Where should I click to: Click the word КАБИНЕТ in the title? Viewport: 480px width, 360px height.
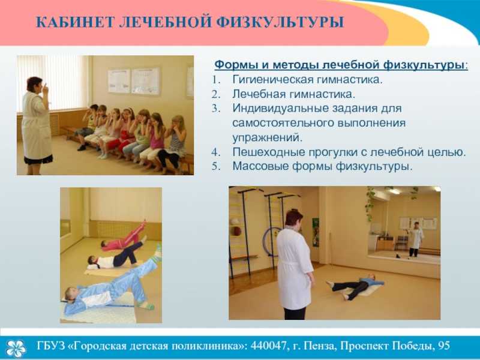tap(74, 22)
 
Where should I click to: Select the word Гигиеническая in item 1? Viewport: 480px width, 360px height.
tap(273, 80)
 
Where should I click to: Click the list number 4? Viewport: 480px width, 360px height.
tap(216, 152)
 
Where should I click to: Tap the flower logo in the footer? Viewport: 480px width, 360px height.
tap(16, 349)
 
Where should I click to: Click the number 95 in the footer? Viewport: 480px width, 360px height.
tap(444, 346)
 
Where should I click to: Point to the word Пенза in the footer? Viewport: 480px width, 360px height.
tap(321, 346)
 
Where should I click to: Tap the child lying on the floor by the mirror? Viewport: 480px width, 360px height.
tap(355, 286)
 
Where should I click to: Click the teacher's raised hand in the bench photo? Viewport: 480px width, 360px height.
tap(46, 88)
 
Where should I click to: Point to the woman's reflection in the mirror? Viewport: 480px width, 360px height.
tap(416, 240)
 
